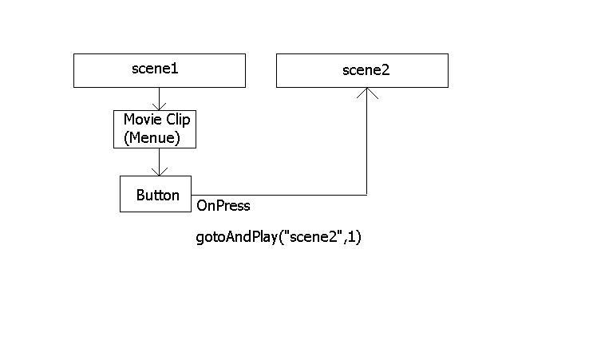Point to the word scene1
pyautogui.click(x=155, y=69)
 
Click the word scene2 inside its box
pyautogui.click(x=366, y=70)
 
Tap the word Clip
pyautogui.click(x=179, y=121)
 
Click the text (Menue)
pyautogui.click(x=152, y=137)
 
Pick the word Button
pyautogui.click(x=158, y=195)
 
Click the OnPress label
pyautogui.click(x=223, y=206)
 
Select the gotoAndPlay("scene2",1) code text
pyautogui.click(x=279, y=237)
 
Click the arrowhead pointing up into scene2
pyautogui.click(x=367, y=93)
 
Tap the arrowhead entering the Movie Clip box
pyautogui.click(x=160, y=106)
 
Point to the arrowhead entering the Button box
pyautogui.click(x=160, y=172)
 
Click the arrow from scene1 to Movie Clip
pyautogui.click(x=160, y=99)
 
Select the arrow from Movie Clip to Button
pyautogui.click(x=160, y=162)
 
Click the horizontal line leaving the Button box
pyautogui.click(x=279, y=195)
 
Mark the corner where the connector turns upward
pyautogui.click(x=366, y=195)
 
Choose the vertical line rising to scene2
pyautogui.click(x=366, y=141)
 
